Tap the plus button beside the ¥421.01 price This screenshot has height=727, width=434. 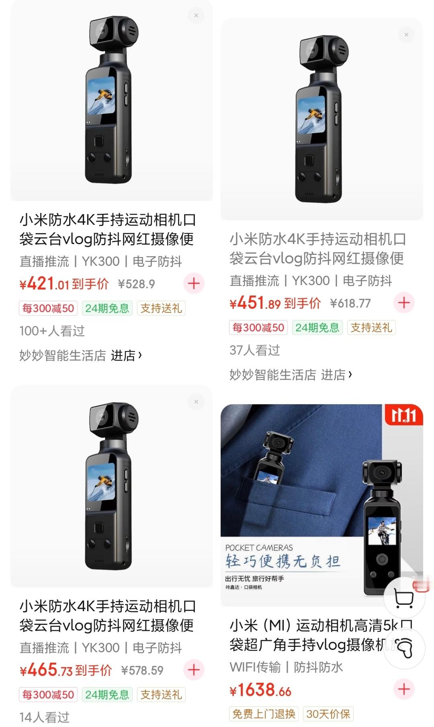click(x=194, y=283)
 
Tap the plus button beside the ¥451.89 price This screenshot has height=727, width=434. click(x=404, y=303)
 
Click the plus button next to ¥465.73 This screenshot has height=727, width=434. click(x=194, y=669)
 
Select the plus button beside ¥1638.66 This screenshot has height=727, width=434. click(x=404, y=689)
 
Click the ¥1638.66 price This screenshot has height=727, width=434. click(x=260, y=690)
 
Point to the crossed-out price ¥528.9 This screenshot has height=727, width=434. click(x=136, y=284)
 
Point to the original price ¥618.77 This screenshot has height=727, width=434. click(x=350, y=304)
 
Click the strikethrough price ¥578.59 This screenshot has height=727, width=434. click(x=142, y=670)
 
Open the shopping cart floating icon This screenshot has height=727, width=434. click(x=404, y=598)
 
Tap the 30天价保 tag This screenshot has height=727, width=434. click(x=328, y=714)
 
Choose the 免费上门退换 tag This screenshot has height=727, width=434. click(x=264, y=714)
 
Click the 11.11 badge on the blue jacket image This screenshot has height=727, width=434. click(x=403, y=415)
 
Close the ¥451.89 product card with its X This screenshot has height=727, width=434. click(x=406, y=35)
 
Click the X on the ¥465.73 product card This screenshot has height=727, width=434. click(x=196, y=402)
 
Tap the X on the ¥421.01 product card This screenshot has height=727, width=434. click(x=196, y=15)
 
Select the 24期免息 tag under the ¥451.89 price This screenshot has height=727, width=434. click(x=317, y=328)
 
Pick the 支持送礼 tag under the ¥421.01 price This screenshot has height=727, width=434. click(x=161, y=308)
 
